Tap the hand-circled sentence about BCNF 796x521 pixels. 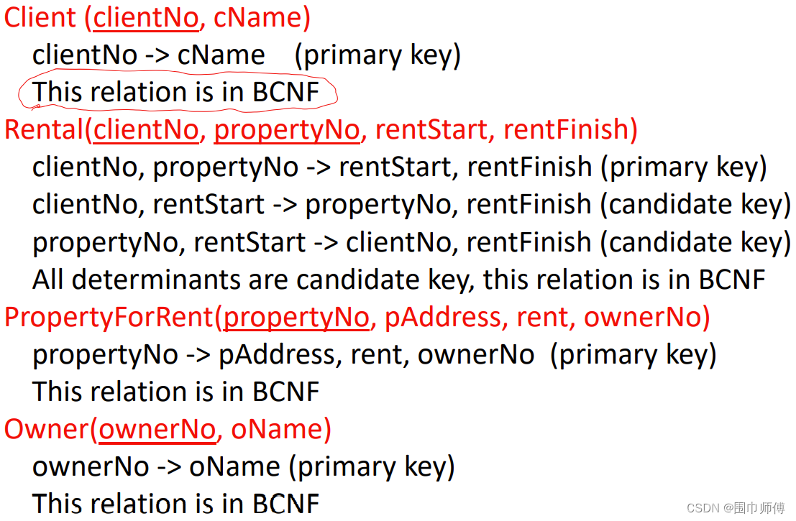pos(175,93)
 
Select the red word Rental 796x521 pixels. pos(44,130)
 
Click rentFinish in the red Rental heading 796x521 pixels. pos(569,130)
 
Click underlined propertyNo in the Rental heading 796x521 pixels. pos(286,130)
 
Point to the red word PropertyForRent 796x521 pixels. pos(109,317)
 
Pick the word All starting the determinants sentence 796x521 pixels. pos(48,280)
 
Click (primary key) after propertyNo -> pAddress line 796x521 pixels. pos(633,354)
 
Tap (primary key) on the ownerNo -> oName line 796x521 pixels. pos(372,467)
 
